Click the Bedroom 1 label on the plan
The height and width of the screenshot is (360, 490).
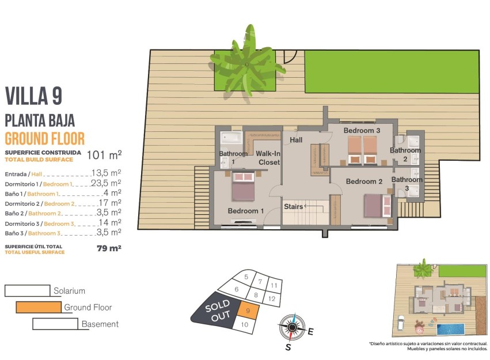pos(245,211)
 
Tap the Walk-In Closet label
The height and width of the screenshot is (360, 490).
pos(268,158)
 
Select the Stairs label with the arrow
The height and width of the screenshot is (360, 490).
pos(294,206)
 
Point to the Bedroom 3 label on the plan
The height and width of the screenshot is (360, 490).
pos(362,131)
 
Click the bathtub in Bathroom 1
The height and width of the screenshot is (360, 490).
pos(232,139)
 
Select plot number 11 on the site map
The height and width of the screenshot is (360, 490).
pos(274,285)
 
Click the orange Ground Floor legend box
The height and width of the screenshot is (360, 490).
pos(39,308)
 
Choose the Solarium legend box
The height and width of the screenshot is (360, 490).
pos(27,291)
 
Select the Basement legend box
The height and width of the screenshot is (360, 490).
pos(55,324)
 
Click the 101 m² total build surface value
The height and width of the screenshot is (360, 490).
pos(104,154)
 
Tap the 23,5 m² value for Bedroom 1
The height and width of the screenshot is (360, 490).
pos(106,183)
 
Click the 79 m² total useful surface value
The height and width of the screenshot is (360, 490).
pos(109,248)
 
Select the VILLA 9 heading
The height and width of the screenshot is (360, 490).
pos(33,96)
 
